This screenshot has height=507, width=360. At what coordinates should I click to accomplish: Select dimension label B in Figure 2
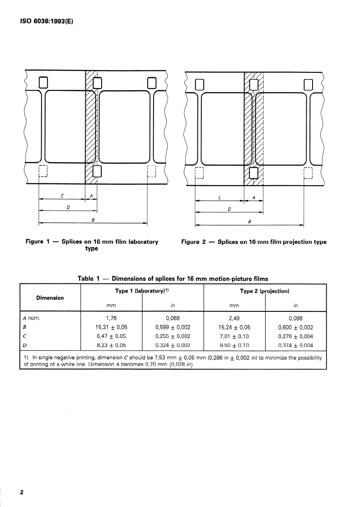pos(249,221)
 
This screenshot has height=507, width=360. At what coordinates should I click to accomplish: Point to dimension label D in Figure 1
pos(67,207)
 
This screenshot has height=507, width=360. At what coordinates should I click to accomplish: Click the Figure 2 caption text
pos(253,242)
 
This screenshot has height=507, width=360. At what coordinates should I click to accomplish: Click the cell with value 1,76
pos(111,318)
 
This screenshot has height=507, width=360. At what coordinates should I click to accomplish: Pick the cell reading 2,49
pos(234,318)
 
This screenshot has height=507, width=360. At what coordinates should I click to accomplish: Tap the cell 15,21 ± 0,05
pos(111,328)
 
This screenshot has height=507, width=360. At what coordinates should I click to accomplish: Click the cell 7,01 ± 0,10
pos(234,337)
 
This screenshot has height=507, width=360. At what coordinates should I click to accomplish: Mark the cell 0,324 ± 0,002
pos(173,346)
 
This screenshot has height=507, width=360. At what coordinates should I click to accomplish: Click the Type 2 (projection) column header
pos(265,291)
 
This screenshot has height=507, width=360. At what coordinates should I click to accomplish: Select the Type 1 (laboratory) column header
pos(141,291)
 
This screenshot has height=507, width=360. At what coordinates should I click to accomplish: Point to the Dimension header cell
pos(50,297)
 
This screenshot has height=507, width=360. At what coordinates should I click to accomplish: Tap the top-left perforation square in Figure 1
pos(43,82)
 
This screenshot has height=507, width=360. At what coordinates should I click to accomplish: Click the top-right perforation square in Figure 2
pos(309,84)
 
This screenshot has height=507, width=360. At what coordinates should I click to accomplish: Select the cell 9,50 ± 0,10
pos(234,346)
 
